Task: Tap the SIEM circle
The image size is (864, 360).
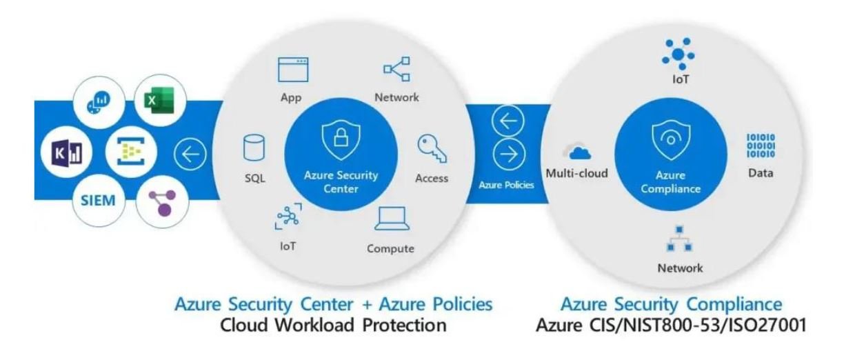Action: pos(94,201)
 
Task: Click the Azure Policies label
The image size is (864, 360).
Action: pos(507,186)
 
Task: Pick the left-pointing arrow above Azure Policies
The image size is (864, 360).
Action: pos(507,123)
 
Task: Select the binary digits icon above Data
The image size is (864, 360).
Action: pos(761,146)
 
